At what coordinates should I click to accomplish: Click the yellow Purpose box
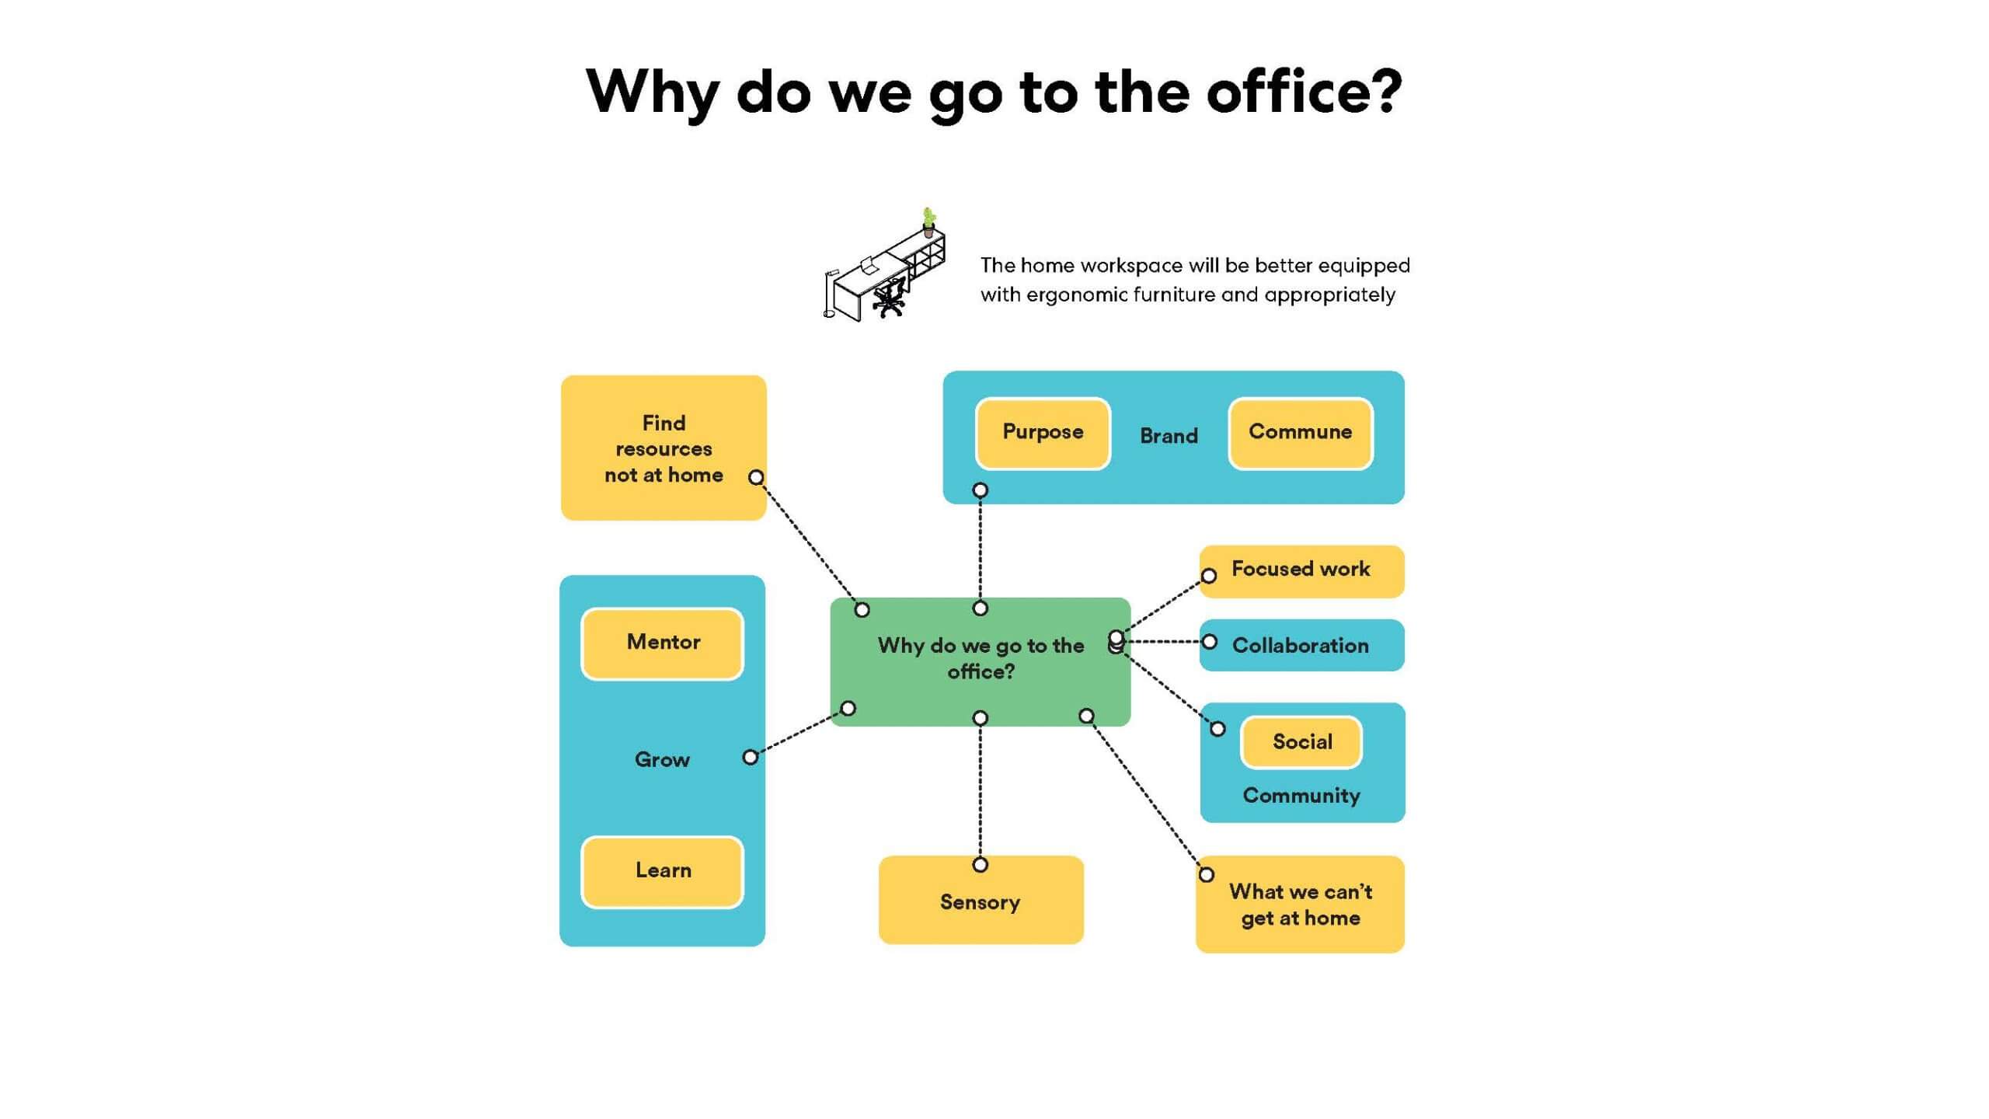pyautogui.click(x=1043, y=433)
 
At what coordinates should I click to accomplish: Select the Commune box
pyautogui.click(x=1301, y=433)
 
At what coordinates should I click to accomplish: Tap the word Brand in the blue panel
pyautogui.click(x=1169, y=436)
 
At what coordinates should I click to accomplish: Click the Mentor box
pyautogui.click(x=663, y=643)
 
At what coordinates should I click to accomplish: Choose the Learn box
pyautogui.click(x=663, y=872)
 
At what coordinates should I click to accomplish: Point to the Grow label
pyautogui.click(x=662, y=759)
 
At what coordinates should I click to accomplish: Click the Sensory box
pyautogui.click(x=981, y=900)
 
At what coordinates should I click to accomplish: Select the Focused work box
pyautogui.click(x=1302, y=571)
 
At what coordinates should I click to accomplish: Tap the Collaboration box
pyautogui.click(x=1302, y=645)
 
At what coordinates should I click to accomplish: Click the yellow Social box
pyautogui.click(x=1302, y=742)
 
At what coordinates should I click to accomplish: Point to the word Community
pyautogui.click(x=1301, y=796)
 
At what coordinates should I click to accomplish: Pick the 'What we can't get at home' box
pyautogui.click(x=1301, y=905)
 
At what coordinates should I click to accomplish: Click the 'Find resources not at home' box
pyautogui.click(x=664, y=448)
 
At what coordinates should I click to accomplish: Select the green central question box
pyautogui.click(x=981, y=662)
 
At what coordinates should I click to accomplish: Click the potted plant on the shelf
pyautogui.click(x=928, y=221)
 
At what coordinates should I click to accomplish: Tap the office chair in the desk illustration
pyautogui.click(x=890, y=298)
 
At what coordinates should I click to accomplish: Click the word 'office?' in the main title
pyautogui.click(x=1305, y=92)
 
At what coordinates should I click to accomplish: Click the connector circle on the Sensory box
pyautogui.click(x=981, y=865)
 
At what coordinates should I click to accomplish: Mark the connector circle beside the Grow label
pyautogui.click(x=750, y=757)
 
